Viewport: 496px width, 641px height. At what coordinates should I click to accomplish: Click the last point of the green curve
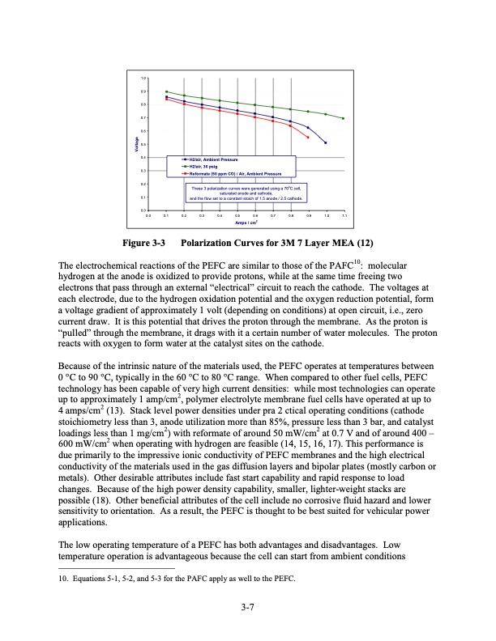[343, 118]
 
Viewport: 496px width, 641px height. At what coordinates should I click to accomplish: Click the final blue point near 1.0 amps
[325, 142]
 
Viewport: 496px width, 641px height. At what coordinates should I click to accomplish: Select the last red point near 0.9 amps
[308, 138]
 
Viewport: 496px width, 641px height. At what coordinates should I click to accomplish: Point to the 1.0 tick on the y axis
[143, 78]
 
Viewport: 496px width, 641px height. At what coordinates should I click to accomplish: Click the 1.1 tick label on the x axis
[344, 216]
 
